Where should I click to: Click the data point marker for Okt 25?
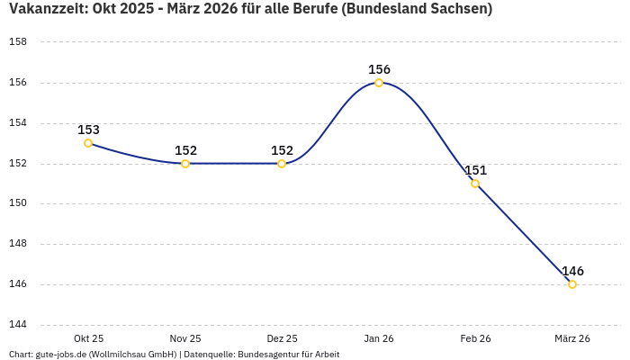pos(88,143)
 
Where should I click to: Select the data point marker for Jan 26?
pos(379,83)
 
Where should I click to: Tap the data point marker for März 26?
pos(572,284)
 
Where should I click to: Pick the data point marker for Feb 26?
pos(475,184)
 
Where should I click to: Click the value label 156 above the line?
pos(379,69)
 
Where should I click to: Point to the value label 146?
pos(572,271)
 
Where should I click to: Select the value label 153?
pos(88,130)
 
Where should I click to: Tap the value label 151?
pos(475,170)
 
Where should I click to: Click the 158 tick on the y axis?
pos(17,42)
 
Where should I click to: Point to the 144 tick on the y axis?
pos(17,325)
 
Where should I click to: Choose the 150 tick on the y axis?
pos(17,203)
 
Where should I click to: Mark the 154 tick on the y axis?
pos(17,123)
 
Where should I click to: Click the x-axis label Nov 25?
pos(185,338)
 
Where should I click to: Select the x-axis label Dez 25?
pos(282,338)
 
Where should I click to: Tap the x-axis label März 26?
pos(572,338)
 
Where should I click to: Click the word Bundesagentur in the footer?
pos(264,355)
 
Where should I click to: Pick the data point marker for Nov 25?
pos(185,164)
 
